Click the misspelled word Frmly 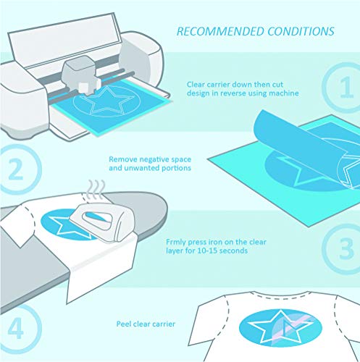tap(176, 243)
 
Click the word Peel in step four tap(124, 324)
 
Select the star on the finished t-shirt tap(280, 327)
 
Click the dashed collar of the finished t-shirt tap(280, 297)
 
